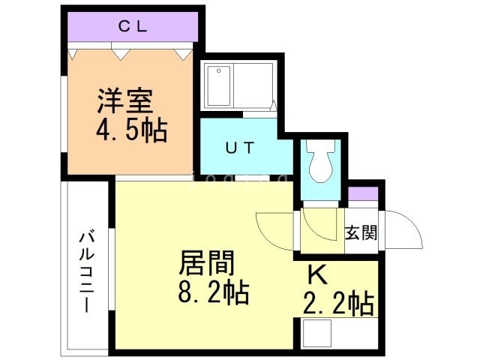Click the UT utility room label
coord(241,147)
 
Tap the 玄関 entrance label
coord(361,232)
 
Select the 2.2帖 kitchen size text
coord(338,304)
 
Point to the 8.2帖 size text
coord(213,292)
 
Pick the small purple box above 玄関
coord(363,193)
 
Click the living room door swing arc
coord(270,228)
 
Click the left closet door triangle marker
coord(73,53)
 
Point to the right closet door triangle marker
coord(183,53)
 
